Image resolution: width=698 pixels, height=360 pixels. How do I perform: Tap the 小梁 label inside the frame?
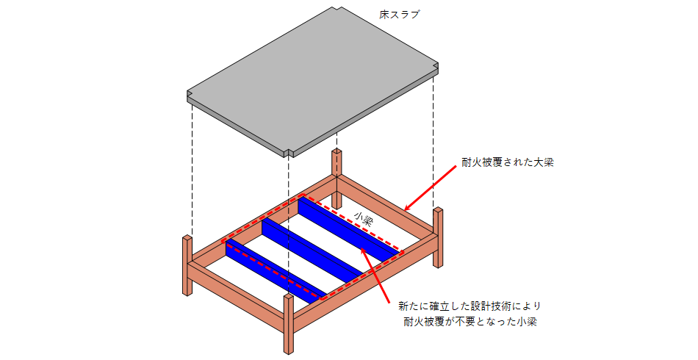coord(363,218)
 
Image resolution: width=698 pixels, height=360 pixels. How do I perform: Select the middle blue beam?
coord(312,250)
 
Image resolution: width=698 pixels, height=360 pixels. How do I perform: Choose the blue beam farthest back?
coord(349,230)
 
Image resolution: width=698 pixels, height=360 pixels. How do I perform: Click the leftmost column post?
coord(187,264)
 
